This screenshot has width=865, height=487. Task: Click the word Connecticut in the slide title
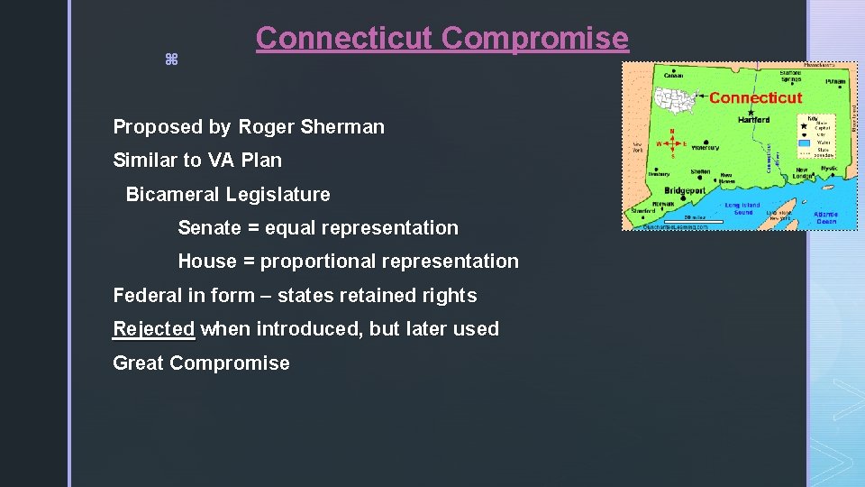click(345, 38)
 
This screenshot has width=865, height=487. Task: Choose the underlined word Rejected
click(153, 329)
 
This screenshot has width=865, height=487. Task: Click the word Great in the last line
click(138, 363)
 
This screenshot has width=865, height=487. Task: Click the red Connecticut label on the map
click(755, 97)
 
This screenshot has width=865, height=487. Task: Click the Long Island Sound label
click(743, 208)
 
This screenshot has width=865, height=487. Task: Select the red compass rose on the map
click(670, 143)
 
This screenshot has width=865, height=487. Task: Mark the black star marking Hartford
click(751, 112)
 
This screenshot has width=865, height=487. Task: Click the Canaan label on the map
click(673, 76)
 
